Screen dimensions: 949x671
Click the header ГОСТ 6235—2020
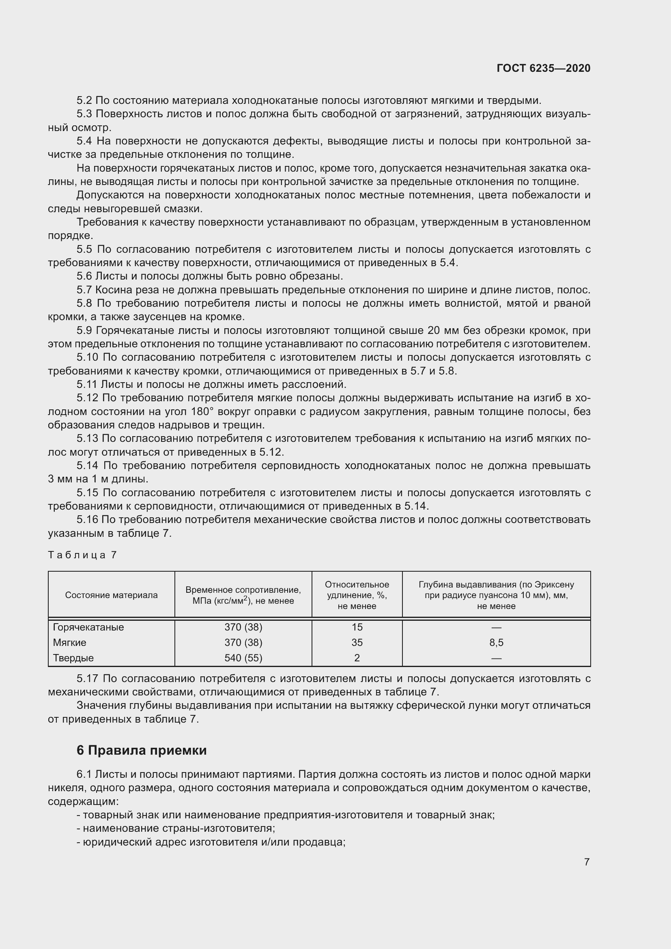point(543,68)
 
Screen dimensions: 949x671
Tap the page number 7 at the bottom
point(587,862)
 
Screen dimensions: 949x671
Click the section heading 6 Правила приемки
point(141,750)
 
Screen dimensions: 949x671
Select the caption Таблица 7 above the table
point(83,555)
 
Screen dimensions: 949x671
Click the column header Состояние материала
point(111,595)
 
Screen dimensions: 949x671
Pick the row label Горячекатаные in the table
point(88,627)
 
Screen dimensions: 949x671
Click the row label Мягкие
point(69,642)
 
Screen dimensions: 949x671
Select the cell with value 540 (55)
point(243,658)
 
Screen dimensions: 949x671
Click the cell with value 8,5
point(496,642)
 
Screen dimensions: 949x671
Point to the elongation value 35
point(357,642)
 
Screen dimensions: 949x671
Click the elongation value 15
point(357,627)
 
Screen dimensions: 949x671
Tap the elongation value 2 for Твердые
point(357,658)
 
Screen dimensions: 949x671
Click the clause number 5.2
point(84,101)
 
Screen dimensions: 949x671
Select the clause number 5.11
point(87,384)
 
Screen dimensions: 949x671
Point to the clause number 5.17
point(87,679)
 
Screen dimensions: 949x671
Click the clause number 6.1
point(84,774)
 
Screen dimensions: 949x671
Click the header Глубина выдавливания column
point(496,595)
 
